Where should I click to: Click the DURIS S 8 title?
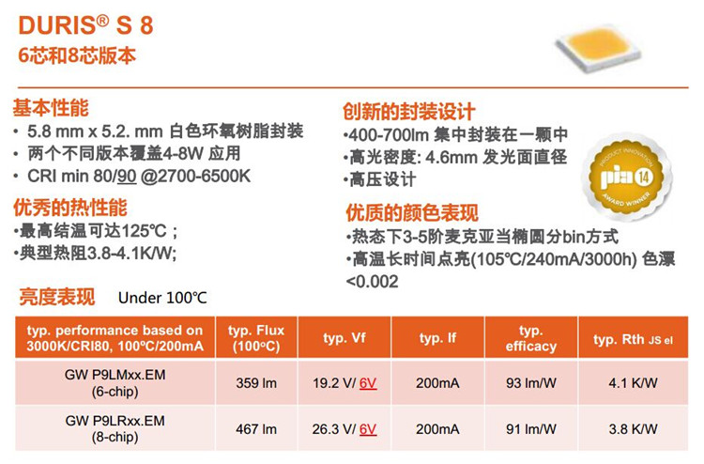85,25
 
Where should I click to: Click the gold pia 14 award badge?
627,178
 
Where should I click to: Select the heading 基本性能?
51,108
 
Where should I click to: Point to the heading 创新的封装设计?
409,112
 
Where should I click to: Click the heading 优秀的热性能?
70,208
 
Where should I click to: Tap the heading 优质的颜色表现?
412,212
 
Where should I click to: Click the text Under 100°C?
162,298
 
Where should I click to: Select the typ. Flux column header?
256,338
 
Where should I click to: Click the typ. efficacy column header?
531,338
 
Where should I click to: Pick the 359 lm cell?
256,383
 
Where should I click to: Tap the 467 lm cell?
256,429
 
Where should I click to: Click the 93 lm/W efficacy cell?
531,383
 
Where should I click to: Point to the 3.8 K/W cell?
633,429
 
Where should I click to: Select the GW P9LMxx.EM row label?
115,382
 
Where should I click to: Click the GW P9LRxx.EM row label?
115,428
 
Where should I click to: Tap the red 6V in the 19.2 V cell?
368,383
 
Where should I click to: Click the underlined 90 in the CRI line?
126,176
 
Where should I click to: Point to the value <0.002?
373,282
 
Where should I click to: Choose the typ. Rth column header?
633,340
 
